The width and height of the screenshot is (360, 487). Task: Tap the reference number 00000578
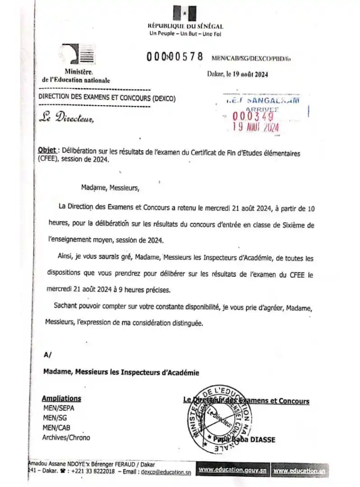pos(175,57)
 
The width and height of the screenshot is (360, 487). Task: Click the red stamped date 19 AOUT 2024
pos(255,127)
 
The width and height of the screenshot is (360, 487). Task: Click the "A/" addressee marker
pos(47,354)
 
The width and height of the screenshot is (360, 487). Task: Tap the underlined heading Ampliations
pos(61,399)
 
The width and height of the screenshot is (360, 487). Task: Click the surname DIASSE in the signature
pos(261,440)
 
